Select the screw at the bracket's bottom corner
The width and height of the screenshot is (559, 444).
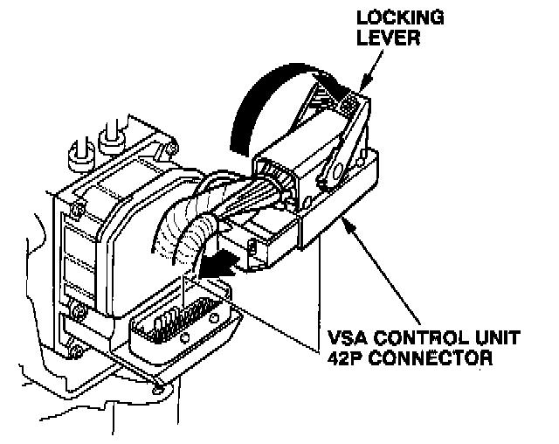point(156,385)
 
